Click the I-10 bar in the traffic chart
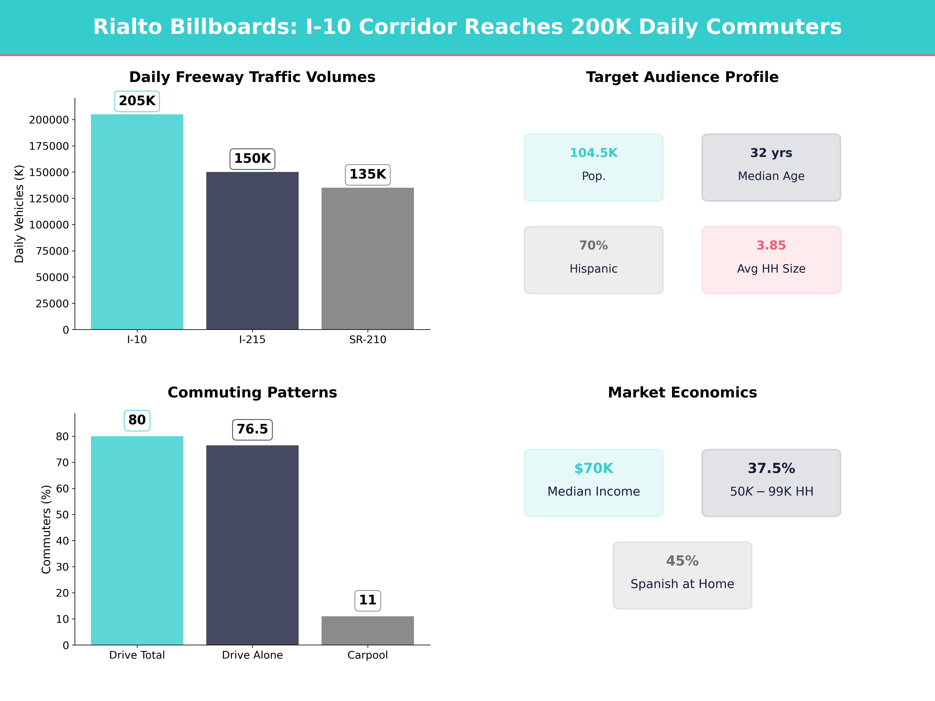click(137, 222)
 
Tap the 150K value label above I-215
click(252, 159)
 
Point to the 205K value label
click(137, 101)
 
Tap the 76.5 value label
click(252, 429)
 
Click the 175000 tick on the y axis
click(49, 146)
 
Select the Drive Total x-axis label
click(137, 655)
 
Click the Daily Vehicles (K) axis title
click(19, 214)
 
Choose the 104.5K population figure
click(594, 153)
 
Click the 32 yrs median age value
click(771, 153)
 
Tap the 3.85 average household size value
click(771, 246)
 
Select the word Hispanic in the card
click(594, 269)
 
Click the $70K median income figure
click(594, 468)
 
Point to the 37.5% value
click(771, 468)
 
